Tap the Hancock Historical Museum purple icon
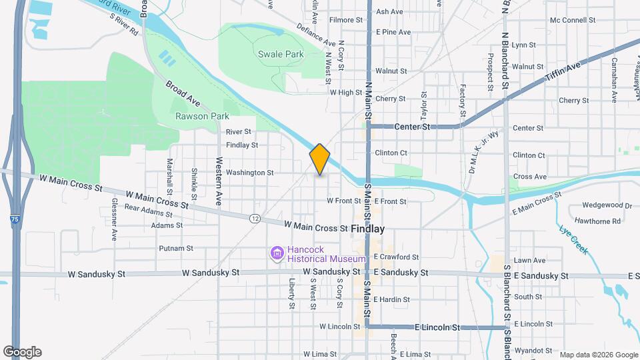(x=277, y=253)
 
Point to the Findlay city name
(x=368, y=229)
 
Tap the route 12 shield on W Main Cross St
(x=255, y=218)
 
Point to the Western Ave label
(x=219, y=181)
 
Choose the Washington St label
(x=249, y=173)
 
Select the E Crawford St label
(x=396, y=257)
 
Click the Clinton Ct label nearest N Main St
(x=391, y=153)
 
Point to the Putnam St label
(x=176, y=249)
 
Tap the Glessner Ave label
(x=115, y=219)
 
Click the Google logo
(x=23, y=352)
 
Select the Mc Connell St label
(x=572, y=20)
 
